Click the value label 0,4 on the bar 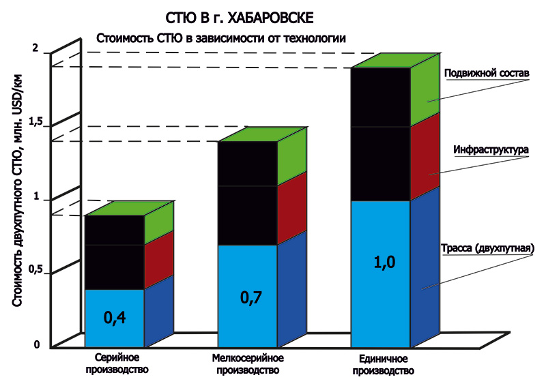pos(115,317)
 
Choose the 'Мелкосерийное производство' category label pos(248,363)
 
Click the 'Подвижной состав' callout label pos(487,74)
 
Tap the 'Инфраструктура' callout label pos(491,149)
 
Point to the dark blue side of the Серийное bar pos(158,310)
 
